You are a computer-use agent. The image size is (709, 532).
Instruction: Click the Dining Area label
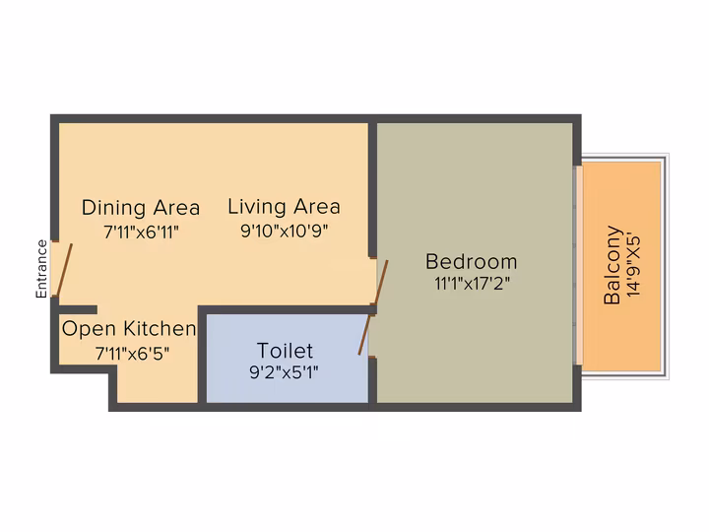pyautogui.click(x=141, y=208)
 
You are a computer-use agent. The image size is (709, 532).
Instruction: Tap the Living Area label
pyautogui.click(x=284, y=207)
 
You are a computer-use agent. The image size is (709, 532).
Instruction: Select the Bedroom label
pyautogui.click(x=471, y=262)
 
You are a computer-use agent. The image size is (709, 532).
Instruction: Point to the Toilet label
pyautogui.click(x=285, y=351)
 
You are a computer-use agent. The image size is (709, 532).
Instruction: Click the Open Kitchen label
pyautogui.click(x=129, y=329)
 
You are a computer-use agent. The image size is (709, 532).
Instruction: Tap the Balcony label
pyautogui.click(x=612, y=265)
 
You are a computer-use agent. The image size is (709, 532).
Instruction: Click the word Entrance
pyautogui.click(x=41, y=269)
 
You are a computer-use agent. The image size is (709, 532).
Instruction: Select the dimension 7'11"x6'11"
pyautogui.click(x=141, y=233)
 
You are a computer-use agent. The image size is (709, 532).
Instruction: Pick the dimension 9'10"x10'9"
pyautogui.click(x=284, y=232)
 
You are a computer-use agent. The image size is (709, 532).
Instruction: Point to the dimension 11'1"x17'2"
pyautogui.click(x=472, y=284)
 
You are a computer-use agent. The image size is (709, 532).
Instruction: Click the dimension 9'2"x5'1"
pyautogui.click(x=284, y=372)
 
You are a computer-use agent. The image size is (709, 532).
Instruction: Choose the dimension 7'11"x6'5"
pyautogui.click(x=132, y=354)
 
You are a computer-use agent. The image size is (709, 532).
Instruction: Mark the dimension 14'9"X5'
pyautogui.click(x=634, y=266)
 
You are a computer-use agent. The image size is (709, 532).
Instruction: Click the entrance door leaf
pyautogui.click(x=65, y=270)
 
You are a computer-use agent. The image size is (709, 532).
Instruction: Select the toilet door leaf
pyautogui.click(x=365, y=335)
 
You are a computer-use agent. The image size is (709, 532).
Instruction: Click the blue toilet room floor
pyautogui.click(x=288, y=359)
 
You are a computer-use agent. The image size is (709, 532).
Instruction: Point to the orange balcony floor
pyautogui.click(x=621, y=266)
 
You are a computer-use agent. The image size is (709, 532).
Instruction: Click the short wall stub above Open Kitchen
pyautogui.click(x=78, y=310)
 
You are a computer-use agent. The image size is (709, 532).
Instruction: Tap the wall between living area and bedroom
pyautogui.click(x=372, y=190)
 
